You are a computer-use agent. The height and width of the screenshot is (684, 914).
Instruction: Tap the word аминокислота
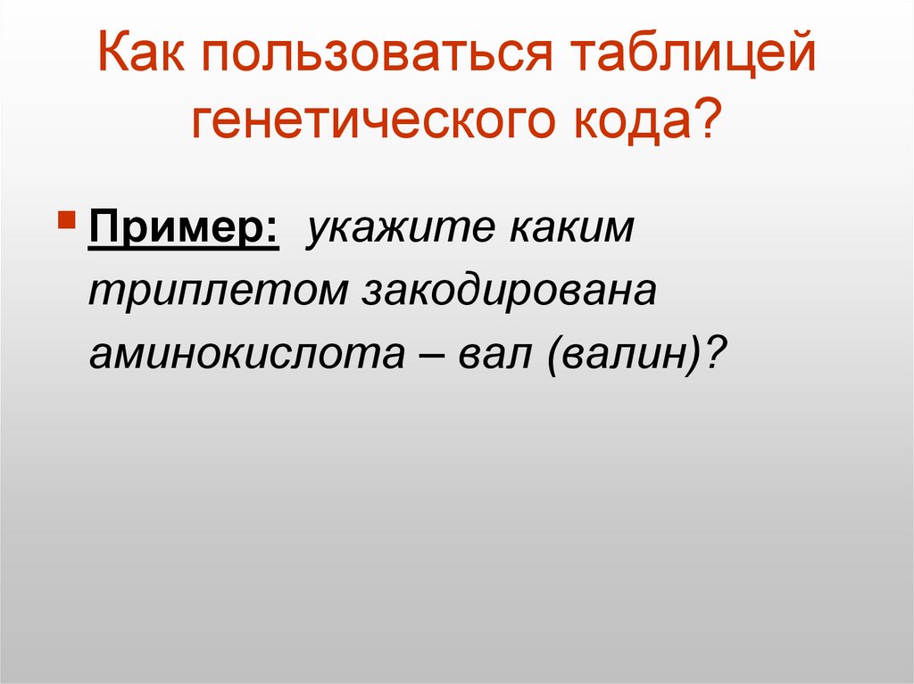pos(243,354)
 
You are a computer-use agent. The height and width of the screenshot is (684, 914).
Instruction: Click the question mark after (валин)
pos(712,353)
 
